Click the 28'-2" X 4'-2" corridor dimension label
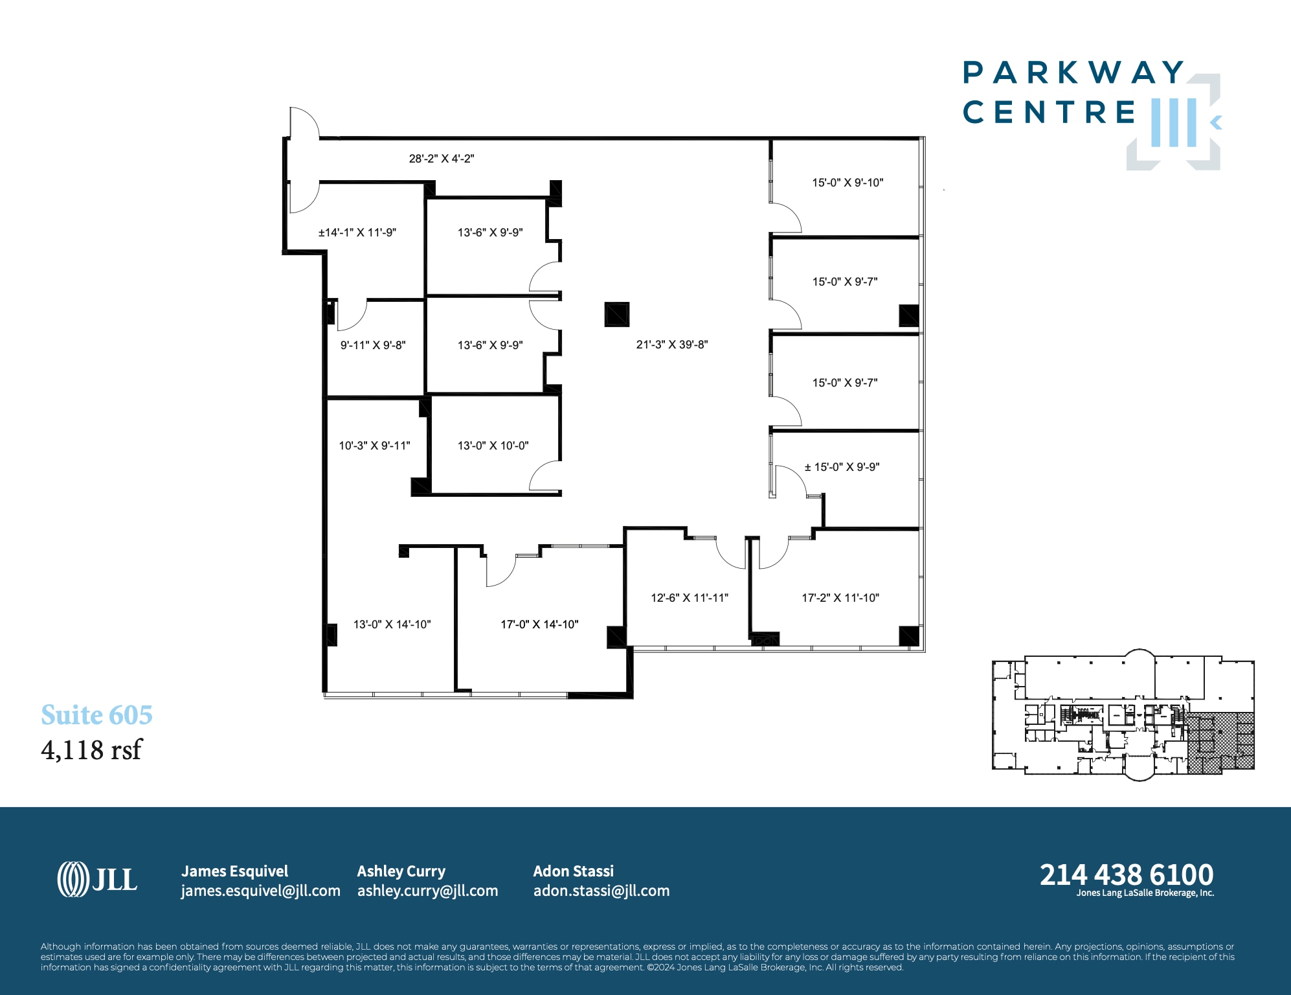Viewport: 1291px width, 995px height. point(441,159)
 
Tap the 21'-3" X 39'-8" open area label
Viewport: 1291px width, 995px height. point(671,345)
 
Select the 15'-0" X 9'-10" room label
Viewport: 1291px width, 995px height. point(848,183)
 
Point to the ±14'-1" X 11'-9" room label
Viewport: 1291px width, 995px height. point(357,233)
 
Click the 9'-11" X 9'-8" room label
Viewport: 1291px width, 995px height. point(373,345)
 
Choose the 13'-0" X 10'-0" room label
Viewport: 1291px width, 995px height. point(493,446)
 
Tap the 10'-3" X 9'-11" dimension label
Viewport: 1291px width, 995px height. point(374,446)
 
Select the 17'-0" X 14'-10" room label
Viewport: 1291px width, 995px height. point(539,624)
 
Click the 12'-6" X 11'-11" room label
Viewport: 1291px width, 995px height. point(689,598)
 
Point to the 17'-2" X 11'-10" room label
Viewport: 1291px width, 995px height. point(840,598)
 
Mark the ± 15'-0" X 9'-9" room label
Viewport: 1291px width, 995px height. point(842,467)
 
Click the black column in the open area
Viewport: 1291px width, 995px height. point(616,315)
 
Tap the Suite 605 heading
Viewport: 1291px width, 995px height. point(96,715)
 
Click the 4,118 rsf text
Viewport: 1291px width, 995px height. point(91,750)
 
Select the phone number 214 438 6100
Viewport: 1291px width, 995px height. point(1126,875)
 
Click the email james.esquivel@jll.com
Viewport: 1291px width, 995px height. point(260,891)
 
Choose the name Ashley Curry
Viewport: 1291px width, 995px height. point(401,871)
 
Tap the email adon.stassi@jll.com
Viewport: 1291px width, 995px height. point(601,891)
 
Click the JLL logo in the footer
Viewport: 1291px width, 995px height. point(97,879)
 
